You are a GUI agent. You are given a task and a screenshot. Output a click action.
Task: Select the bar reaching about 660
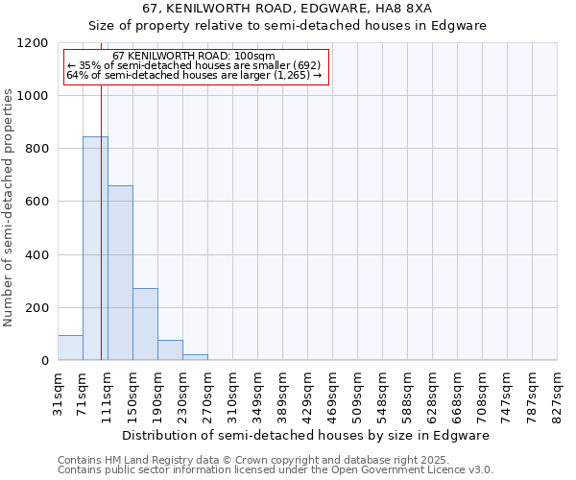120,273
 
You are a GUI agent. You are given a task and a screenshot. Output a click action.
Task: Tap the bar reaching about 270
145,324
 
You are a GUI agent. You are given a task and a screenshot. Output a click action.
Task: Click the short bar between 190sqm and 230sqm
170,350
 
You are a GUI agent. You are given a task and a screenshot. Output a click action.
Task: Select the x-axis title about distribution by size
307,435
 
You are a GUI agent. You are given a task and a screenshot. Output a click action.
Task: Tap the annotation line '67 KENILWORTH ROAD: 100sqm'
193,57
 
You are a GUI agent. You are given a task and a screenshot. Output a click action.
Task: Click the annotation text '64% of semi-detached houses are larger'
193,75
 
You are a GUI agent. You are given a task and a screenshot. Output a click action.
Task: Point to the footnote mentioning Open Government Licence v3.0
276,470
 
